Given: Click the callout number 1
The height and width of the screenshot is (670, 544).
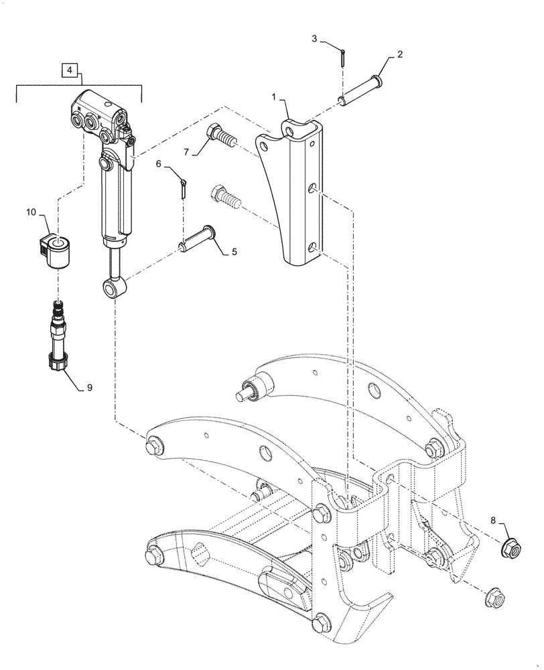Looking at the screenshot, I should [x=273, y=98].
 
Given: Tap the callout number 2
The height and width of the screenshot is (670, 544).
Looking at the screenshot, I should [x=400, y=56].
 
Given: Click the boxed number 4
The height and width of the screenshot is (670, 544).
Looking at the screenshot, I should [x=70, y=69].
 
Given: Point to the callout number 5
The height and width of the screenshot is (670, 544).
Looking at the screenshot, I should [x=234, y=253].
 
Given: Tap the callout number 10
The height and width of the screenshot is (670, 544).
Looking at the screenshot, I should [x=31, y=213].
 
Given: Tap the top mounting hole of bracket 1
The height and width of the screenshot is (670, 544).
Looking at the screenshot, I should [x=289, y=127].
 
